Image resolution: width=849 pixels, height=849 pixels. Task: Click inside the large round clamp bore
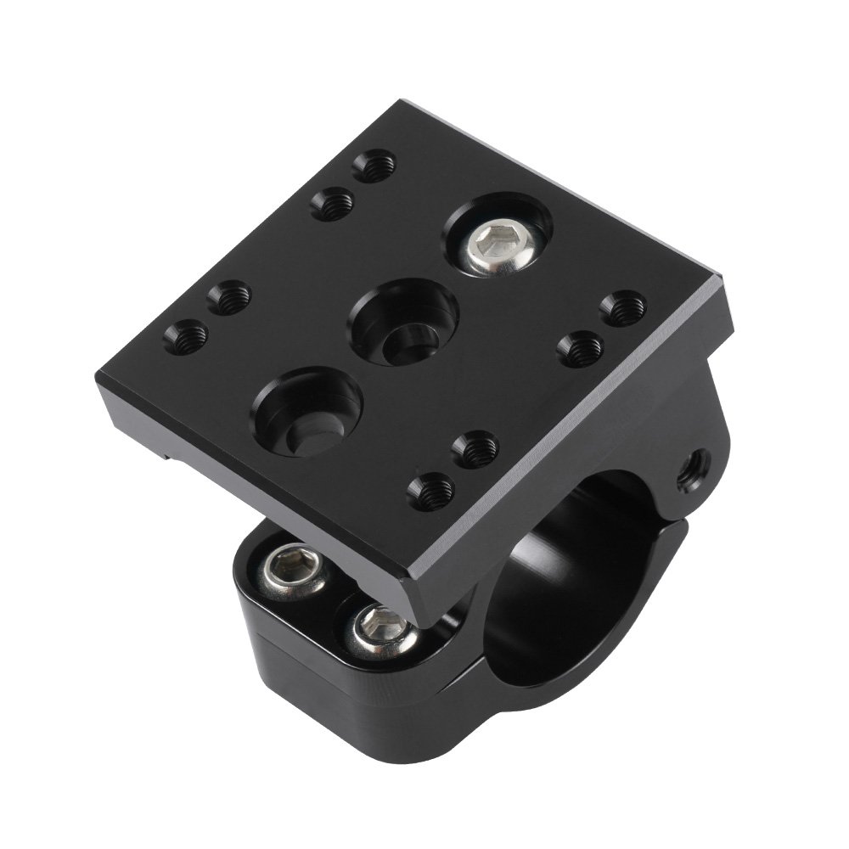point(577,577)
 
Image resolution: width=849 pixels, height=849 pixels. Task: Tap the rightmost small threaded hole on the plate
point(625,306)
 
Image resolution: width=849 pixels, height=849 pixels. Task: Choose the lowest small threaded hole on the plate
point(431,489)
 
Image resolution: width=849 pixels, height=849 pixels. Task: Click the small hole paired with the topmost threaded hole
point(331,203)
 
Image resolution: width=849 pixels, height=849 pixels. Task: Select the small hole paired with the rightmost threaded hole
point(581,347)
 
